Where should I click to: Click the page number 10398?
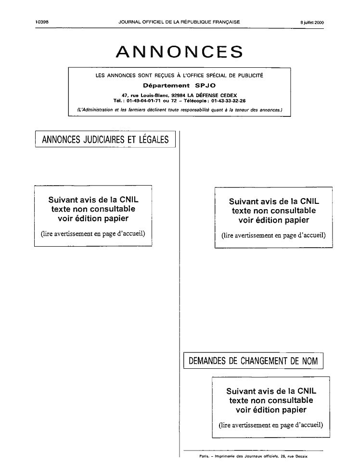[42, 22]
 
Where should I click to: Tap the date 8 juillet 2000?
[312, 22]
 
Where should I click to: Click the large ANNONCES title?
[180, 51]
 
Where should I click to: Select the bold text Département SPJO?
[179, 85]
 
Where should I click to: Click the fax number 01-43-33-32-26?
[229, 101]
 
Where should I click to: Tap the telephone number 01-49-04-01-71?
[143, 101]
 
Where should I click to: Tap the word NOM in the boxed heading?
[310, 361]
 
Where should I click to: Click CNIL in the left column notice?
[129, 200]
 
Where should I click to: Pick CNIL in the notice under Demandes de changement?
[307, 391]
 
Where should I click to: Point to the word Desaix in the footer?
[301, 456]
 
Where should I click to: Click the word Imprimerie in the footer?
[225, 456]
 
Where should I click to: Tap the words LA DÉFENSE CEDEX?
[212, 95]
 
